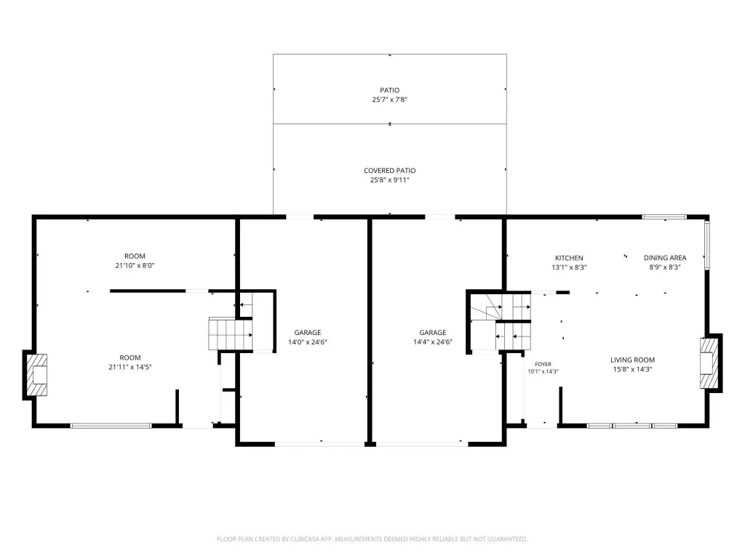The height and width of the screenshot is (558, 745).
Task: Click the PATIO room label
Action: (x=390, y=90)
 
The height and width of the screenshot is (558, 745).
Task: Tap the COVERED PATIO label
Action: (x=390, y=170)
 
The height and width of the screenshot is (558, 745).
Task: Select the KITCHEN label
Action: (x=569, y=258)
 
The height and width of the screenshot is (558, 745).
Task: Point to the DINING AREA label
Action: (x=665, y=258)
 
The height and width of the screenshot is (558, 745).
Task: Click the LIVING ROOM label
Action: (x=632, y=360)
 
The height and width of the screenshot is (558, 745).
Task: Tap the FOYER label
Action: (x=543, y=365)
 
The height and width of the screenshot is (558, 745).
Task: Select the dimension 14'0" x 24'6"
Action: (x=308, y=342)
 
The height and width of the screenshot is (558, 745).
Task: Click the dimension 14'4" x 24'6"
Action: (x=433, y=342)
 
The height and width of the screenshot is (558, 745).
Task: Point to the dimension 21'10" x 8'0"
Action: (x=135, y=266)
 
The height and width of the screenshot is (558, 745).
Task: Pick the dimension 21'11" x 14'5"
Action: (x=130, y=367)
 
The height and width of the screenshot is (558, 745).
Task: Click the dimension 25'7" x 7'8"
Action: (x=390, y=100)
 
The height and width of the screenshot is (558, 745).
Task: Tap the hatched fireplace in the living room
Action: (x=709, y=363)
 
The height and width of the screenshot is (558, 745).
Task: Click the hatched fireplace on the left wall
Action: (x=36, y=375)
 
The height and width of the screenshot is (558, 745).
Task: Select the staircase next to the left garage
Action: (x=231, y=334)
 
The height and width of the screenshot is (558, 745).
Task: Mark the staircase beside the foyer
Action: (x=501, y=322)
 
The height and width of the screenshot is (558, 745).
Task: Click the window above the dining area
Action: (x=664, y=217)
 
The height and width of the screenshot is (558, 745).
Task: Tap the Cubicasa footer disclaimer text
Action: (x=372, y=539)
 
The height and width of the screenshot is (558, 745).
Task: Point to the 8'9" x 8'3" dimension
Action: (x=665, y=267)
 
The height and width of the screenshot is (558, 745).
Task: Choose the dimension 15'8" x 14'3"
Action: (x=632, y=370)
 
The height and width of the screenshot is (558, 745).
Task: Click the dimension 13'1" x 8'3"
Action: (x=569, y=267)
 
